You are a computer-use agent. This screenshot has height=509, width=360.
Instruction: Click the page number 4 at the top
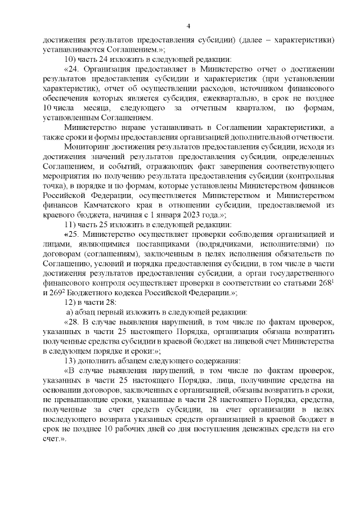(x=188, y=25)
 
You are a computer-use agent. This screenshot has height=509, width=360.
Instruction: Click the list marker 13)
(x=71, y=361)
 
